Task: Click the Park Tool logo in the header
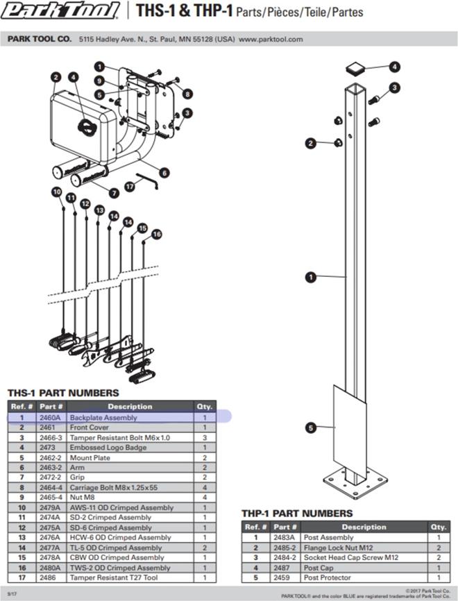(x=62, y=12)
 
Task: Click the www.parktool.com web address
(x=271, y=40)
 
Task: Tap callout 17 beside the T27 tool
(x=129, y=186)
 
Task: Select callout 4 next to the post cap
(x=394, y=67)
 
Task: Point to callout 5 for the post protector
(x=311, y=428)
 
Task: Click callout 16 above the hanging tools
(x=156, y=235)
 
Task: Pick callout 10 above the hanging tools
(x=56, y=192)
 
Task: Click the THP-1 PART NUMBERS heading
(x=296, y=514)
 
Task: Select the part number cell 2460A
(x=50, y=418)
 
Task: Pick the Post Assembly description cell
(x=328, y=538)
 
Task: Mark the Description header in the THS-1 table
(x=129, y=406)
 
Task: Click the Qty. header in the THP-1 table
(x=439, y=527)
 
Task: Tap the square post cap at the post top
(x=355, y=68)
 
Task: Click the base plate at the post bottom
(x=356, y=482)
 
